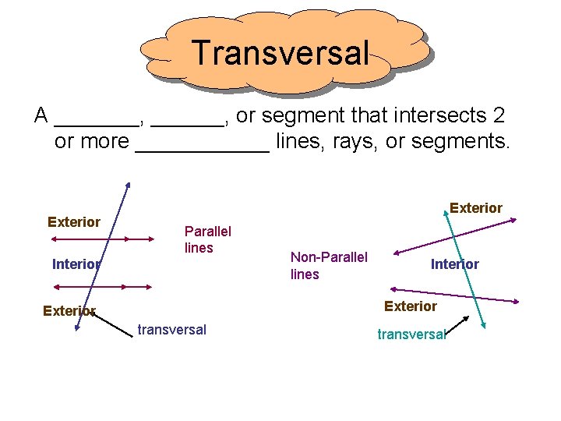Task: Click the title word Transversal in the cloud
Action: pos(280,53)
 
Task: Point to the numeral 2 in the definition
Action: pos(499,115)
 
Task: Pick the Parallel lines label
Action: pos(207,239)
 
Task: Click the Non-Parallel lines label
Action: pos(328,265)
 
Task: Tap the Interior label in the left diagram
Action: pos(76,264)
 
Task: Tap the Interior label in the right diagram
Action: pos(454,264)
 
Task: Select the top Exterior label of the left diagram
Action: pos(74,222)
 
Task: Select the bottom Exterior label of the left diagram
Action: pos(69,311)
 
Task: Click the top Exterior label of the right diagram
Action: pos(475,208)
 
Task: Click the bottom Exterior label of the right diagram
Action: pos(410,306)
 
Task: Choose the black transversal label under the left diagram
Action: pos(171,330)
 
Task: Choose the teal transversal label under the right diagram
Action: pos(411,334)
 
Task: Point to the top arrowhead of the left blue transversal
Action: pos(128,186)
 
